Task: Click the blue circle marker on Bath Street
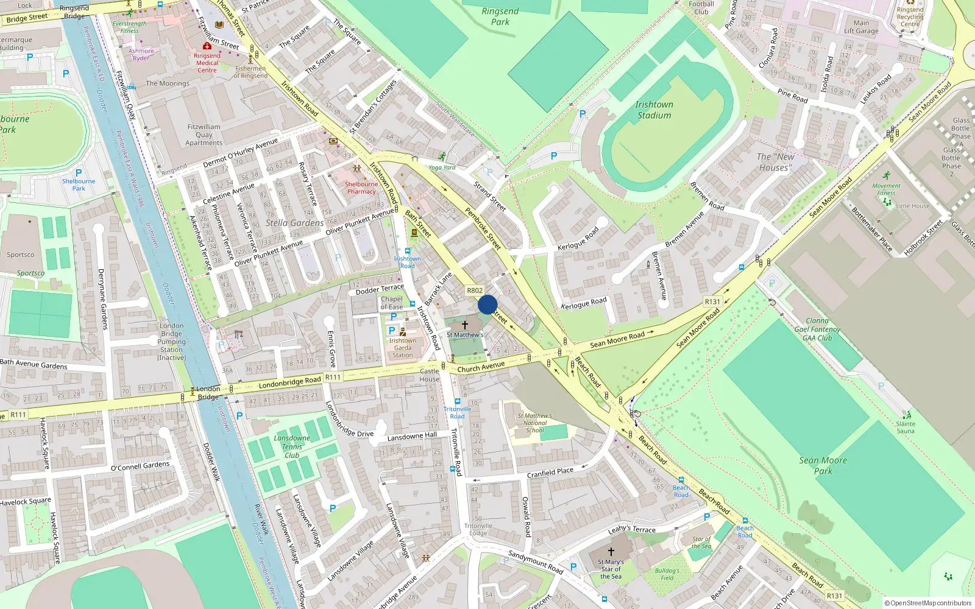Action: [487, 304]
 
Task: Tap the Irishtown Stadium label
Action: [654, 110]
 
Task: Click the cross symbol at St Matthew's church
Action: [465, 325]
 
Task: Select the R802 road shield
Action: [474, 290]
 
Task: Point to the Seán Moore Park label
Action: [823, 465]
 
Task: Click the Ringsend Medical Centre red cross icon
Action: [207, 46]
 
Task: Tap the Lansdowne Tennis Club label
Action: [292, 446]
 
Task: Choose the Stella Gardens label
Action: [294, 223]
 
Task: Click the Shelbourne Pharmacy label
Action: [361, 188]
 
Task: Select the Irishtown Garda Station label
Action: [402, 348]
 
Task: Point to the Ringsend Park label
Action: [500, 16]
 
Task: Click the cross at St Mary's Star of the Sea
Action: [611, 551]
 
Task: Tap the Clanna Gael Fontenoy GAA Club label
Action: [817, 329]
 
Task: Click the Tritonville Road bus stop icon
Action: [457, 402]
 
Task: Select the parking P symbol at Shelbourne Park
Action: [79, 173]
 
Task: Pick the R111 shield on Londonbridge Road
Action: [333, 378]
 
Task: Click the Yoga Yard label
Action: [442, 167]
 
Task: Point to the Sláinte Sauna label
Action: [906, 427]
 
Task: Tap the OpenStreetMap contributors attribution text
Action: [927, 603]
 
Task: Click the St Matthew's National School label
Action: [534, 423]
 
